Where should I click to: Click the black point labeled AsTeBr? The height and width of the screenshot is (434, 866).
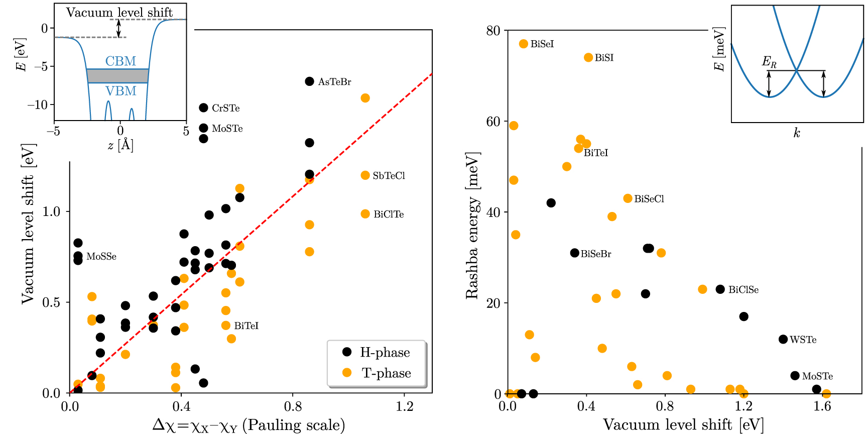(309, 81)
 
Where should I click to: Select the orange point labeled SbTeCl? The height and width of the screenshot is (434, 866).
(365, 175)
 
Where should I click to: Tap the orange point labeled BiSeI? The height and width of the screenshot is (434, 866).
(524, 44)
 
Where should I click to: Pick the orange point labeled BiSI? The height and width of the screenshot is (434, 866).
(588, 57)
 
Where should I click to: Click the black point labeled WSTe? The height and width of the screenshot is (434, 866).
(783, 339)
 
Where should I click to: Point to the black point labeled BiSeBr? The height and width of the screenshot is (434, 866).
(574, 253)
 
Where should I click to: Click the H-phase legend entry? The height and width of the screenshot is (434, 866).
(377, 352)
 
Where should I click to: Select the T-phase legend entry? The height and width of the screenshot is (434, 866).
(377, 373)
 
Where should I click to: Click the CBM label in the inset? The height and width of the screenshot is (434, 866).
(120, 61)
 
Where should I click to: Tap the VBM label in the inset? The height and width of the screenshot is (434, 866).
(120, 91)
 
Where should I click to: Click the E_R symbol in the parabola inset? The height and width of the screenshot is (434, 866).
(769, 62)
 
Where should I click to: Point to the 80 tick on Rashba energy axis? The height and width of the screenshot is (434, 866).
(493, 30)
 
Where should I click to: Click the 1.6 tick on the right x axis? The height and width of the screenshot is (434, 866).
(822, 406)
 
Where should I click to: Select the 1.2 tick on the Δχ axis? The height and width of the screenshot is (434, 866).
(405, 406)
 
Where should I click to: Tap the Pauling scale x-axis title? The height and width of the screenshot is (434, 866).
(249, 425)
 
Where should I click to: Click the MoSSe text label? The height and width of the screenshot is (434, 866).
(101, 256)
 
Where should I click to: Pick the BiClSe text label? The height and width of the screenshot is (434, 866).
(743, 289)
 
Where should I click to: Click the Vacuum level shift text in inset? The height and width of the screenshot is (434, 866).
(119, 12)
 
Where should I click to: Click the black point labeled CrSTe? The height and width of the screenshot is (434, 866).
(203, 107)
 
